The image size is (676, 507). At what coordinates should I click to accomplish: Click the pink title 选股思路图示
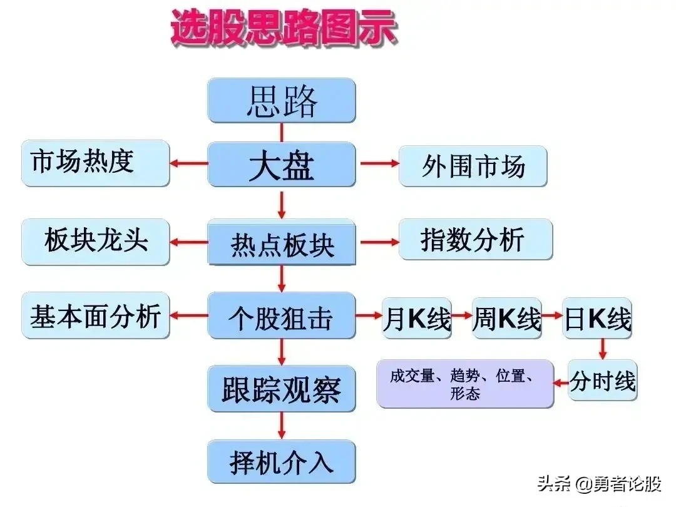point(284,28)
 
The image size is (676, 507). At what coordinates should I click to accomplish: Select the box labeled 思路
point(282,100)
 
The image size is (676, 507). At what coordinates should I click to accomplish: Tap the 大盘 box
point(282,164)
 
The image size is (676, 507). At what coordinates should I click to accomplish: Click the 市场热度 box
point(95,163)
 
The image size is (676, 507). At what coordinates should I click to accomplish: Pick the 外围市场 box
point(473,166)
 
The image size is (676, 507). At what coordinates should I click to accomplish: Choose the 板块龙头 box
point(95,242)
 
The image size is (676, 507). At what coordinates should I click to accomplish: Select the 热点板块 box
point(282,242)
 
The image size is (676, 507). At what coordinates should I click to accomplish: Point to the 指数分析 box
point(476,239)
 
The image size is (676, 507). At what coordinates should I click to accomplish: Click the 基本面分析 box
point(95,315)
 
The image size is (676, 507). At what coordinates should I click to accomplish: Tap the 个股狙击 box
point(282,315)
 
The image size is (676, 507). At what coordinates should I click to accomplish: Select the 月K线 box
point(417,318)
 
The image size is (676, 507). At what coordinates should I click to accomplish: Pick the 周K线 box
point(506,318)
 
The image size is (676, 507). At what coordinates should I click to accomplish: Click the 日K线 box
point(597,318)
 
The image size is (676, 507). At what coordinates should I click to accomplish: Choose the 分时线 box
point(602,381)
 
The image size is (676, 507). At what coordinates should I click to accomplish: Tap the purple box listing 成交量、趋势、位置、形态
point(464,384)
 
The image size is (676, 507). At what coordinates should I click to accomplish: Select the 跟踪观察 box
point(282,389)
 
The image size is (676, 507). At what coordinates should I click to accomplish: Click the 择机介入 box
point(282,461)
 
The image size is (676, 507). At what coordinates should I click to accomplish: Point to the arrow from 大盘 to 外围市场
point(379,163)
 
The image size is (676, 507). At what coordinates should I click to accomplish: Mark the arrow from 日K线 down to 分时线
point(603,349)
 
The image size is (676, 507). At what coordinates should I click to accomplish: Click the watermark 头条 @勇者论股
point(599,484)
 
